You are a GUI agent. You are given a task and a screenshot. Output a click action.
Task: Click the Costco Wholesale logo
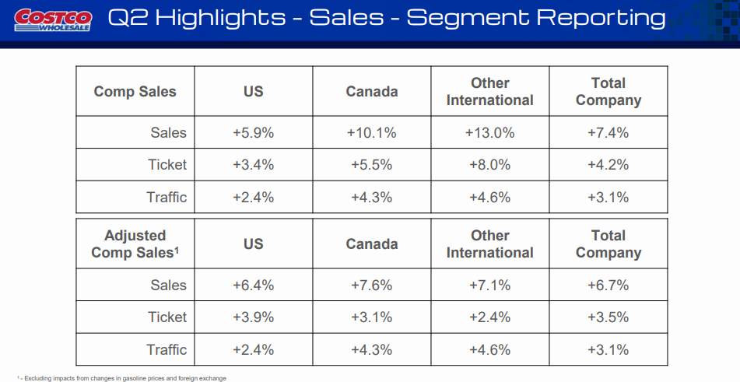point(53,19)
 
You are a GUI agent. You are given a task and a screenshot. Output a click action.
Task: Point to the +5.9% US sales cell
point(254,133)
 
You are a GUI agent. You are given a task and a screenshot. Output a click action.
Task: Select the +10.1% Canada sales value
point(372,133)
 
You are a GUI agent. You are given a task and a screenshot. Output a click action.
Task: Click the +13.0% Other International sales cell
point(490,133)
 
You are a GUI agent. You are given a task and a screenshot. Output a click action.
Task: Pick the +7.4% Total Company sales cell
point(608,133)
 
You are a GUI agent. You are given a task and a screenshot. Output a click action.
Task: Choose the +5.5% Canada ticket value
point(372,165)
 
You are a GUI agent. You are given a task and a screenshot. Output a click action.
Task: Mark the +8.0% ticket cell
point(490,165)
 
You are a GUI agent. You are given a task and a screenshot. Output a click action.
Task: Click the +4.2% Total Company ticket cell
point(608,165)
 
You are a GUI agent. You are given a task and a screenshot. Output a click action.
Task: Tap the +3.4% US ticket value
point(254,165)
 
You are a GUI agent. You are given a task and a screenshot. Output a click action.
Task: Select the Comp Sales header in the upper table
point(135,92)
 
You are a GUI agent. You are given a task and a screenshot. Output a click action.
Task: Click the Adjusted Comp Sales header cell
point(135,244)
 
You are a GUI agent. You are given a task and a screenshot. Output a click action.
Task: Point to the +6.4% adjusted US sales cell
point(254,286)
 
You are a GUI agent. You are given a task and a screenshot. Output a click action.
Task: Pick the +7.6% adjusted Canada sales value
point(372,286)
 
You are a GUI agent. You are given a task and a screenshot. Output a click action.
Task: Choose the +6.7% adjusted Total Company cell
point(608,286)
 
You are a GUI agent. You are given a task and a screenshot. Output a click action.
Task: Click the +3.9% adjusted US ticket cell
point(254,317)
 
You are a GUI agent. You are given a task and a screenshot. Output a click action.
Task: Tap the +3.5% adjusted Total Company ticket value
point(608,317)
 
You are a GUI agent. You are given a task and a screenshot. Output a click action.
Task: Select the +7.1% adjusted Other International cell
point(490,286)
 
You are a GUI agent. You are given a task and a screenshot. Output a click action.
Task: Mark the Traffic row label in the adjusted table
point(167,350)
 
